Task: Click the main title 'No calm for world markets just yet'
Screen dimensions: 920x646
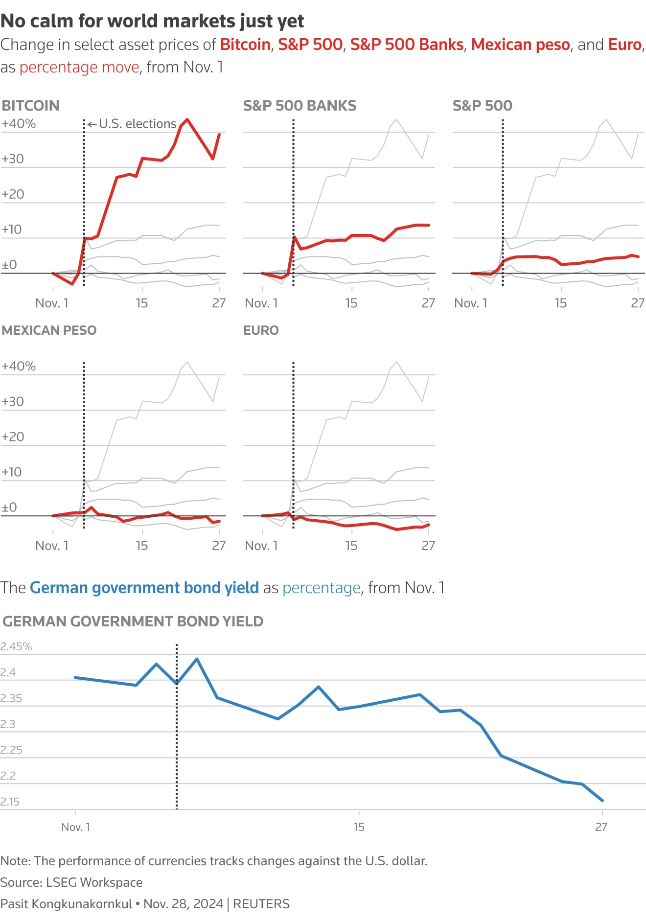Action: [x=152, y=21]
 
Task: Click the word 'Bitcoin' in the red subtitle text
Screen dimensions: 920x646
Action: [x=245, y=45]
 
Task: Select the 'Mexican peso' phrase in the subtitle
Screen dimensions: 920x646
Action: [x=520, y=45]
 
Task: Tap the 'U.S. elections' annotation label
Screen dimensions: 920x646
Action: [x=137, y=124]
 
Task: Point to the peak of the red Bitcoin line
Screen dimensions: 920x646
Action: [x=187, y=119]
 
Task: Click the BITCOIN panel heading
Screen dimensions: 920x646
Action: [x=31, y=106]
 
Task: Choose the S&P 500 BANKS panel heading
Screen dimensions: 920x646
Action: [x=300, y=106]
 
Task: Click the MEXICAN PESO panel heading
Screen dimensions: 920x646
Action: [x=49, y=330]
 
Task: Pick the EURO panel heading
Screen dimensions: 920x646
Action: [x=261, y=330]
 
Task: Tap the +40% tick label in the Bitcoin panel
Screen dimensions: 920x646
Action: [x=19, y=124]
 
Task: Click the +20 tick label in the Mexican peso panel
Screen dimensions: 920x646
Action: [x=13, y=437]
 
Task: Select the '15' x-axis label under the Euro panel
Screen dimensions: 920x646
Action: [x=351, y=546]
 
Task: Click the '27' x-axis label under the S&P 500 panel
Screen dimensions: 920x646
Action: [x=637, y=303]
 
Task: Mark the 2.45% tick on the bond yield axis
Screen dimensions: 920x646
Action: [x=16, y=646]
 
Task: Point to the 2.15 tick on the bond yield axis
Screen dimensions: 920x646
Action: [x=10, y=802]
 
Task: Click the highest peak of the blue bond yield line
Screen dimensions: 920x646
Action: [x=197, y=659]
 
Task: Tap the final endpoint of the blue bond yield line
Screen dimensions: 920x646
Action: [x=602, y=801]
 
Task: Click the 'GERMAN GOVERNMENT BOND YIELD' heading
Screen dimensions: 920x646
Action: [x=133, y=621]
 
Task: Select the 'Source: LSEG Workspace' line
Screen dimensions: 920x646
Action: [x=71, y=882]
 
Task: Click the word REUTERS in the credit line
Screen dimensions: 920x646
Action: [x=261, y=904]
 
